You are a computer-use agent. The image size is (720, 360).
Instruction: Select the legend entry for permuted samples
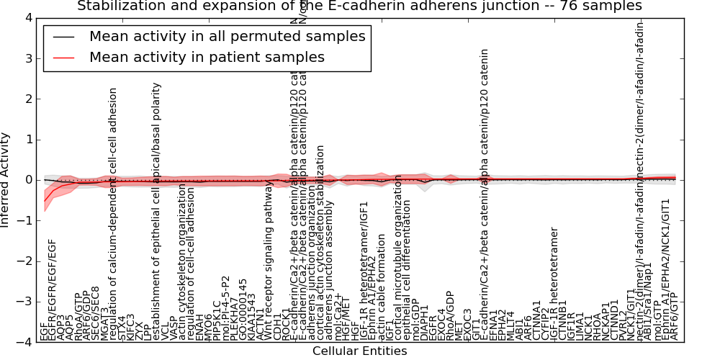point(227,36)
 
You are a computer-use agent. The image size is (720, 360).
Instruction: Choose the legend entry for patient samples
point(207,57)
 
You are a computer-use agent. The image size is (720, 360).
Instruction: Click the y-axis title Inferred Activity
point(6,180)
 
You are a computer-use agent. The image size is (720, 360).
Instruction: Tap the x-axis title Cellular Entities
point(359,351)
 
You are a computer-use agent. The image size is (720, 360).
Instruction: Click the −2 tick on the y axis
point(25,261)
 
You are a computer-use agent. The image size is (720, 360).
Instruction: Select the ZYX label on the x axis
point(139,331)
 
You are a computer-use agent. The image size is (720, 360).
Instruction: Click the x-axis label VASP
point(174,329)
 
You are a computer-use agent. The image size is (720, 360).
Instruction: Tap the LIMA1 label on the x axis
point(580,328)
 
